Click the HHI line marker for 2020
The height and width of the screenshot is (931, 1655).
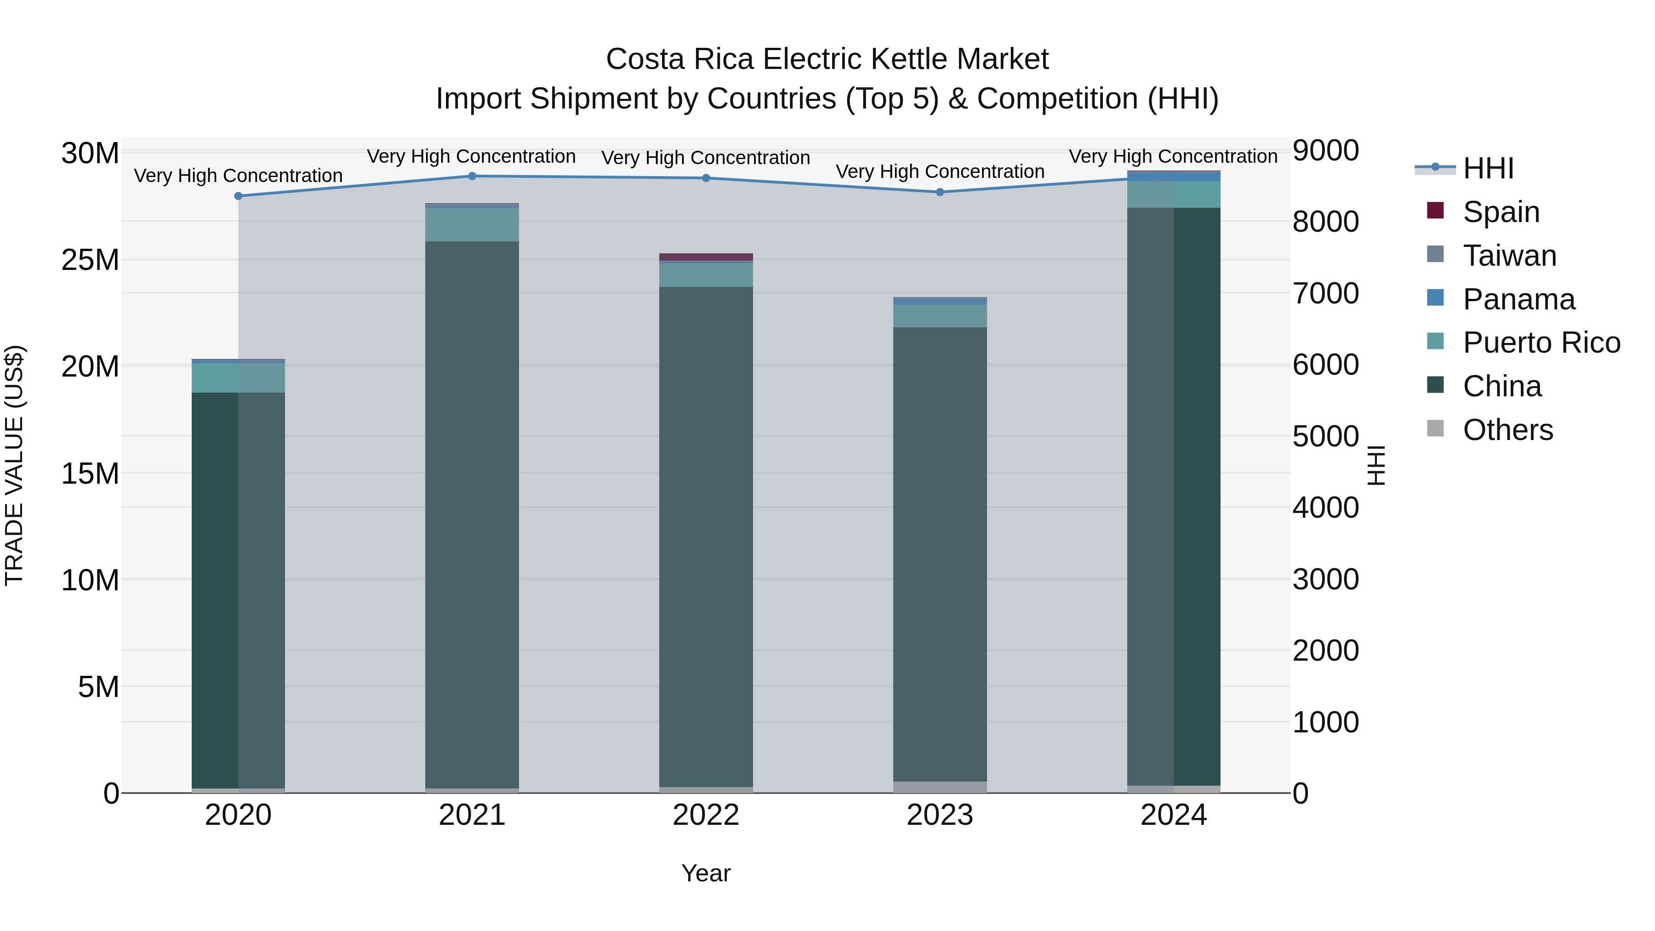tap(238, 196)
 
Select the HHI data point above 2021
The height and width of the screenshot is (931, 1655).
tap(472, 176)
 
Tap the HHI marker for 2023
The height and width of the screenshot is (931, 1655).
tap(940, 192)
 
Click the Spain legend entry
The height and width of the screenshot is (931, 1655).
tap(1501, 212)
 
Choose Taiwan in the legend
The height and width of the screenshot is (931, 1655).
tap(1509, 256)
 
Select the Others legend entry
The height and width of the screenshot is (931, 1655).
tap(1507, 430)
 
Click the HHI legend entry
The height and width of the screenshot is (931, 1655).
tap(1488, 168)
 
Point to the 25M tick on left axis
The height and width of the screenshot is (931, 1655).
tap(90, 260)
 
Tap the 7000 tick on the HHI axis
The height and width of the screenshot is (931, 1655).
tap(1325, 294)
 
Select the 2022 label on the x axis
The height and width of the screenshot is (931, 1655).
tap(706, 815)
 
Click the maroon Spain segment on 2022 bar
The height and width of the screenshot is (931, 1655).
tap(706, 257)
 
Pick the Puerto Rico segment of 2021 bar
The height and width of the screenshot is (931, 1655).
tap(472, 225)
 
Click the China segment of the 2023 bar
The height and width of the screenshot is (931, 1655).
tap(940, 553)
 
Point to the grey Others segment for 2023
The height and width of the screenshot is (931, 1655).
tap(940, 787)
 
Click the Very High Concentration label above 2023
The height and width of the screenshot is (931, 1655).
tap(940, 171)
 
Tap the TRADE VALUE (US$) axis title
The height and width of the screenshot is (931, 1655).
tap(14, 465)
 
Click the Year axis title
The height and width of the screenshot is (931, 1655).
tap(706, 873)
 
